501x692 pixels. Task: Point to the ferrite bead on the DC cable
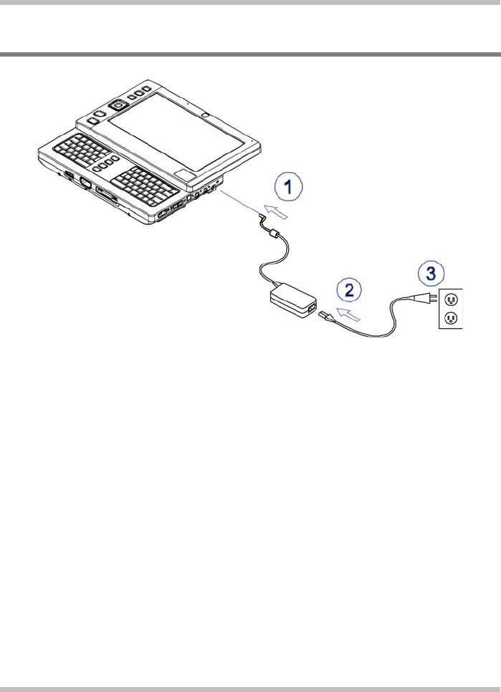coord(271,233)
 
